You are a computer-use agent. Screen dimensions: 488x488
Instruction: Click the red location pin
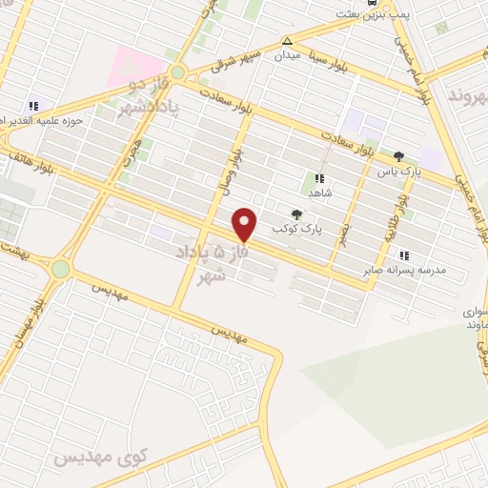(245, 225)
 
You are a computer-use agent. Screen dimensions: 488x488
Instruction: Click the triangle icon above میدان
(287, 41)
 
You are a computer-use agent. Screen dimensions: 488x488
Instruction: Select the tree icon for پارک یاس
(398, 156)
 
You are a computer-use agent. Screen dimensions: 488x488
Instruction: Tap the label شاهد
(319, 192)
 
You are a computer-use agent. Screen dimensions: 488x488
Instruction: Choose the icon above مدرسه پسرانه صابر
(404, 254)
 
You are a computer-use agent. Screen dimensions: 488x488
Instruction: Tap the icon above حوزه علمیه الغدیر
(34, 106)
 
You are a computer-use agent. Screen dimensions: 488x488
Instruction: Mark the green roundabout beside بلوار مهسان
(60, 269)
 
